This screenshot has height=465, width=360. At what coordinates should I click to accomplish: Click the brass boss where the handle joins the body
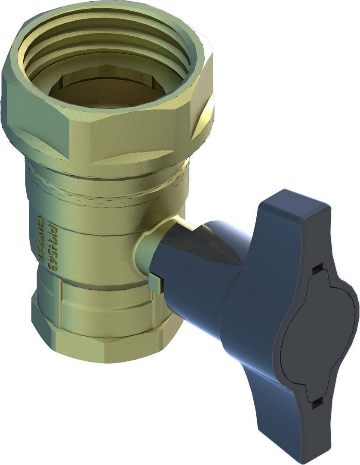pos(148,254)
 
